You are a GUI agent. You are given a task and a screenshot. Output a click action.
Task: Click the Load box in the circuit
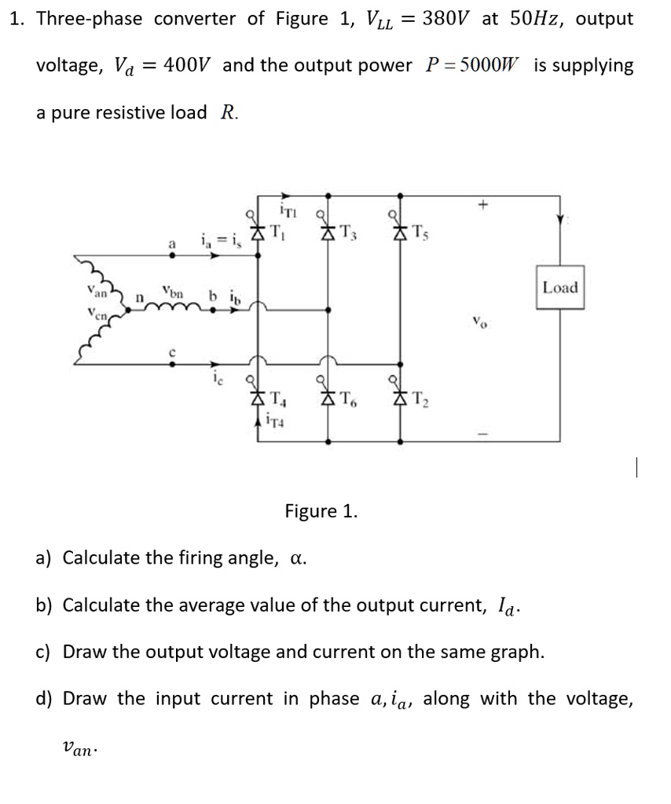click(560, 287)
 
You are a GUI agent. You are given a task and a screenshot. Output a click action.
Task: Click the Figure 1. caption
click(321, 512)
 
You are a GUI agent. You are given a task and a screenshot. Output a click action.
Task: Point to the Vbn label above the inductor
click(172, 292)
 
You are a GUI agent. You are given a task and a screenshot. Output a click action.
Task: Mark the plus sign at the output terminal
click(486, 206)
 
